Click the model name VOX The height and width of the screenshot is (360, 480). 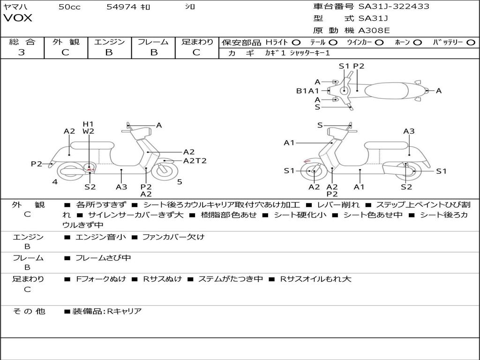tap(18, 18)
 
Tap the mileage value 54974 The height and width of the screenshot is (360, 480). tap(121, 7)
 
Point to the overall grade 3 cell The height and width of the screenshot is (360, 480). tap(22, 52)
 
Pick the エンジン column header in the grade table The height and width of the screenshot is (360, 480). tap(109, 42)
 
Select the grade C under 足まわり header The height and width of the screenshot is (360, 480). tap(196, 52)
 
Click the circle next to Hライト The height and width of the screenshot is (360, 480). tap(296, 43)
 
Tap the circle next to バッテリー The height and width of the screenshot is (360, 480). tap(471, 43)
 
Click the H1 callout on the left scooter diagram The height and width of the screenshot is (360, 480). tap(88, 124)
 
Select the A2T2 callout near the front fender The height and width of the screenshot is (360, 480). tap(195, 161)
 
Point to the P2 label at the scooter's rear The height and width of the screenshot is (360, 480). tap(37, 164)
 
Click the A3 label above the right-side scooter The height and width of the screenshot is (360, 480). tap(409, 131)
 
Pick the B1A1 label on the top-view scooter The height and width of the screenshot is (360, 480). tap(307, 91)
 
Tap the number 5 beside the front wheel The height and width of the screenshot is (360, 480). tap(180, 181)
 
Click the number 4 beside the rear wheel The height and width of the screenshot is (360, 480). tap(55, 181)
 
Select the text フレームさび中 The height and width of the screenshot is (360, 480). tap(103, 258)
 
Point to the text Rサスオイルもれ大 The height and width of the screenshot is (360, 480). tap(315, 279)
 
